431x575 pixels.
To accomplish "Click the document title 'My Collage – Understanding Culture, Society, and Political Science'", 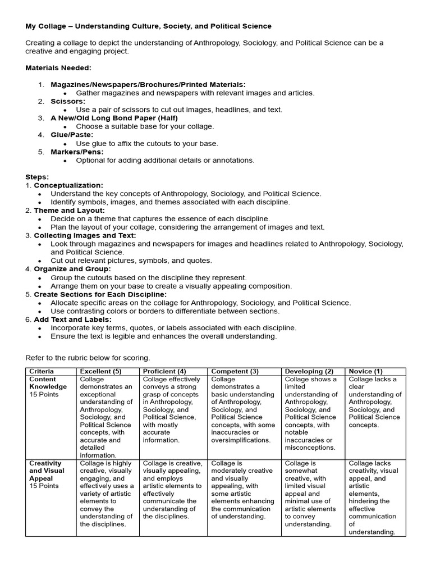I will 148,26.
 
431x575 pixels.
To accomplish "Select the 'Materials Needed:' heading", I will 58,67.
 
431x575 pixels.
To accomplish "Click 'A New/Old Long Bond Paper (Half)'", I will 114,118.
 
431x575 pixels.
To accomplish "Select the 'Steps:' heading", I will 37,177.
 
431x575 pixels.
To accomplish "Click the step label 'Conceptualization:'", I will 68,185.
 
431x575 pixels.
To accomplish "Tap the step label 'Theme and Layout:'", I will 69,210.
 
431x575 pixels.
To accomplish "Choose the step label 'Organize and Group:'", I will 72,269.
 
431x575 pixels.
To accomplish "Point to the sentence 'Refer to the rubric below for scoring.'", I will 88,358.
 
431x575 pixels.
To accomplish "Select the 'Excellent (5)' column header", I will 101,371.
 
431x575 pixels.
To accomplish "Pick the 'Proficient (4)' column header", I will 164,371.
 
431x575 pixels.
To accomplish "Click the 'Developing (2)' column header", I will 309,371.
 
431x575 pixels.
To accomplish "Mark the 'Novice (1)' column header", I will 365,371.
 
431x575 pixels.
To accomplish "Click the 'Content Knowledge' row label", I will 48,383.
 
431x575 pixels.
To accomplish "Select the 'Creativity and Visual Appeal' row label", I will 47,471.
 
